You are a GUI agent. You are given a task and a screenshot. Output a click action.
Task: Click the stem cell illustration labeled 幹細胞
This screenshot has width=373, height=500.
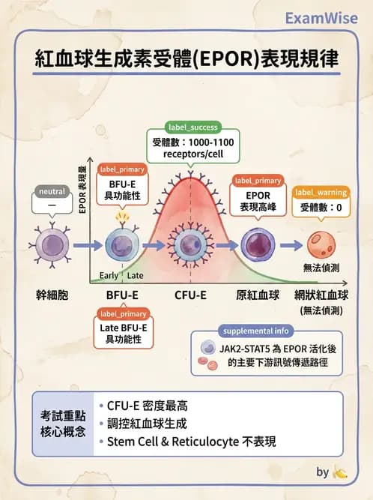(x=52, y=246)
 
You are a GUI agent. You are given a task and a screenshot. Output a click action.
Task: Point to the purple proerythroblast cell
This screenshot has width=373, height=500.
(x=258, y=245)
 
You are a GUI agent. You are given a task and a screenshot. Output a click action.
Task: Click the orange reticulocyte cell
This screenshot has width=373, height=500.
(x=321, y=245)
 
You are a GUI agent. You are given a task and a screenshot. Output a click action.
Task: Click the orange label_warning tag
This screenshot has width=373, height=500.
(x=320, y=193)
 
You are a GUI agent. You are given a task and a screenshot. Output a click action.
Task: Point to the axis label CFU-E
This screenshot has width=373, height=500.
(x=190, y=294)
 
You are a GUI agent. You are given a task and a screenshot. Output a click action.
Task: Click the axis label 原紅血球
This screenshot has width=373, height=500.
(x=258, y=294)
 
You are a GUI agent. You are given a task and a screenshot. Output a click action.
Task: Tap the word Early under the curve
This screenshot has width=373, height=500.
(x=109, y=275)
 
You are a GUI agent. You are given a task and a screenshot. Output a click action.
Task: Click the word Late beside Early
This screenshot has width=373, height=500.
(x=136, y=275)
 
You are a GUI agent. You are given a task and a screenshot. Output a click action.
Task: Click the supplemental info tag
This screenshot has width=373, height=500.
(x=254, y=331)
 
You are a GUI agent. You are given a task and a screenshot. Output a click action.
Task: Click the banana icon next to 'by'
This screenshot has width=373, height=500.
(x=341, y=472)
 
